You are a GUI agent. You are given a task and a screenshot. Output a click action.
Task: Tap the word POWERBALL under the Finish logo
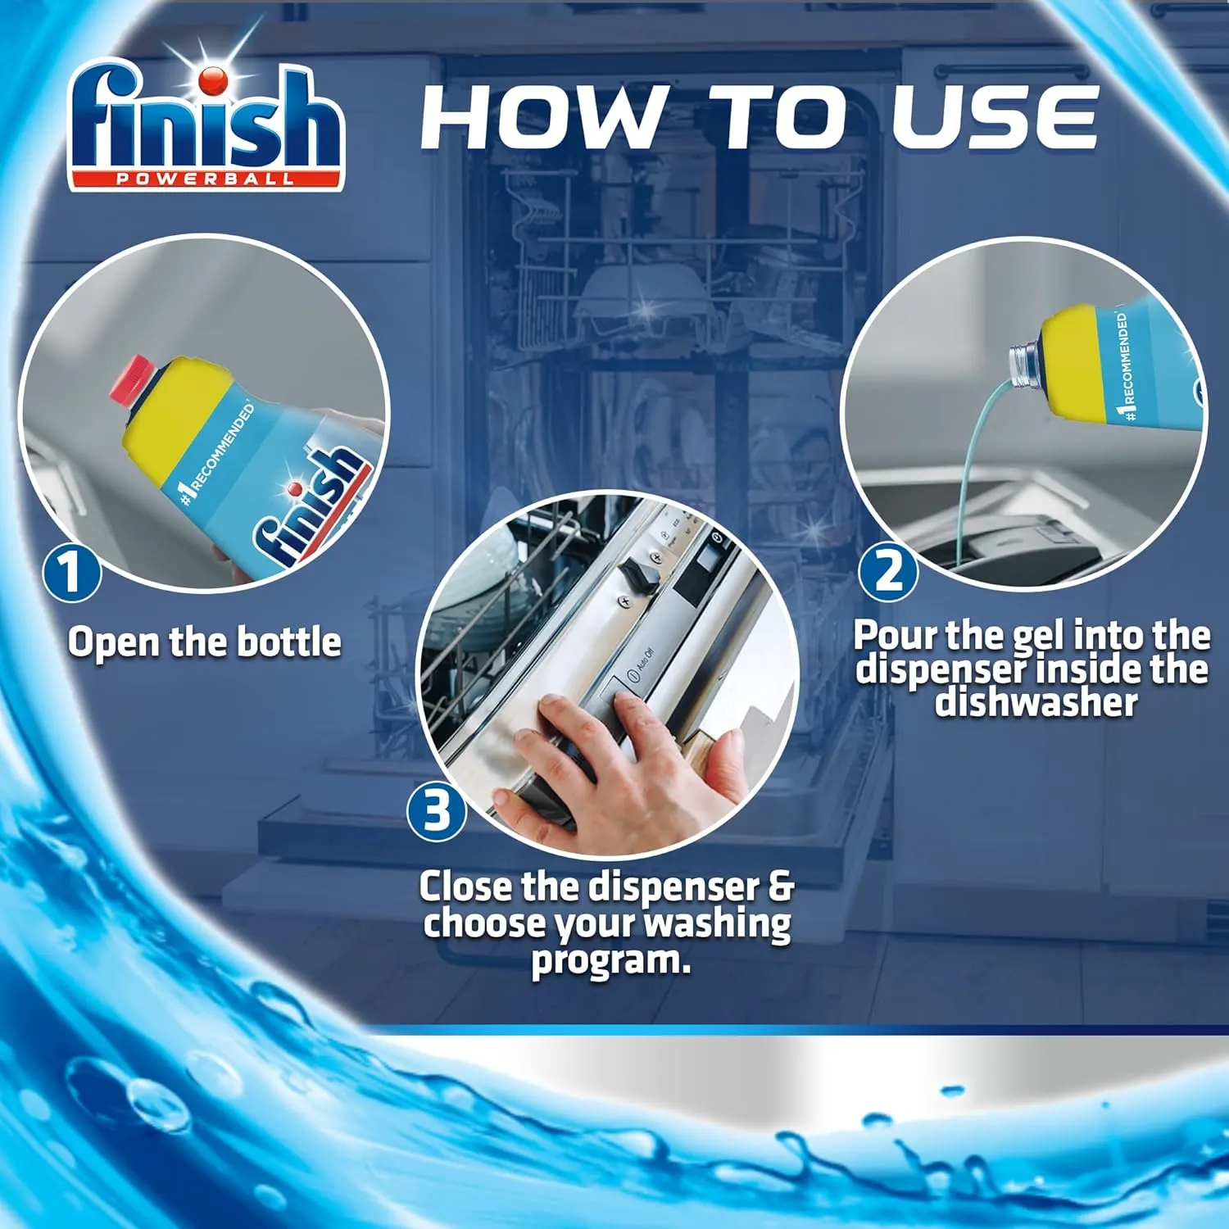click(205, 179)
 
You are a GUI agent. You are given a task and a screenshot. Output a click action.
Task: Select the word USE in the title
click(995, 119)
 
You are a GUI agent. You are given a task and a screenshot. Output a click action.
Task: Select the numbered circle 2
click(887, 571)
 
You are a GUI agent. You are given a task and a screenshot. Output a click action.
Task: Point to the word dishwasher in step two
click(1036, 703)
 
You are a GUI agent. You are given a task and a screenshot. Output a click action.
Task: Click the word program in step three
click(610, 960)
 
